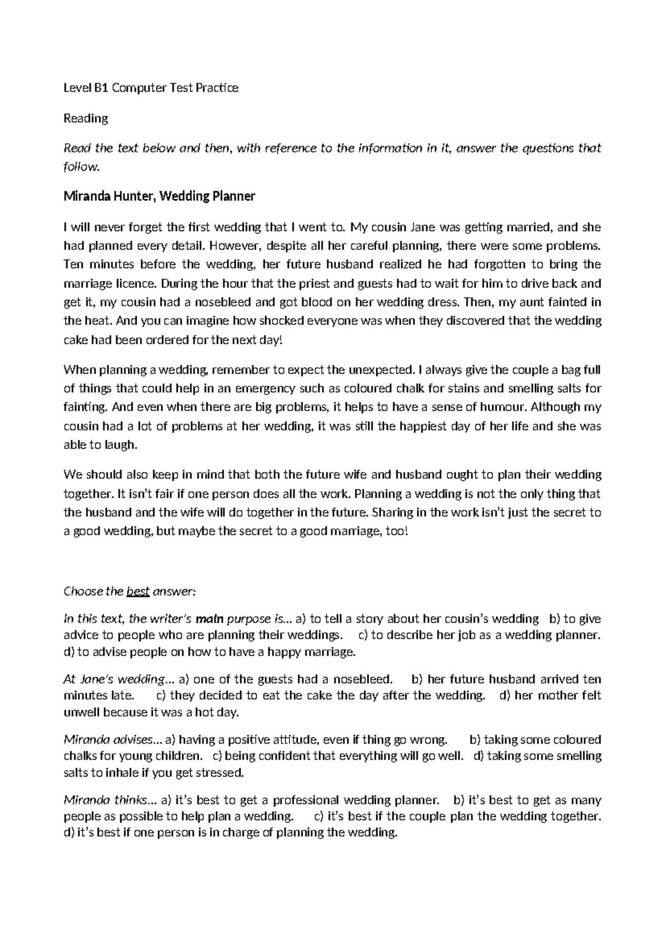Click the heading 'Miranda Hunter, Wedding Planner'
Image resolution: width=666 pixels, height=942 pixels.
[159, 196]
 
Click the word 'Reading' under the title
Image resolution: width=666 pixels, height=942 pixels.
[85, 118]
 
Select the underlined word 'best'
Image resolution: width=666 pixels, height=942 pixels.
[138, 592]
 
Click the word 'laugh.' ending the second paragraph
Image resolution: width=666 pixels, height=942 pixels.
[120, 445]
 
